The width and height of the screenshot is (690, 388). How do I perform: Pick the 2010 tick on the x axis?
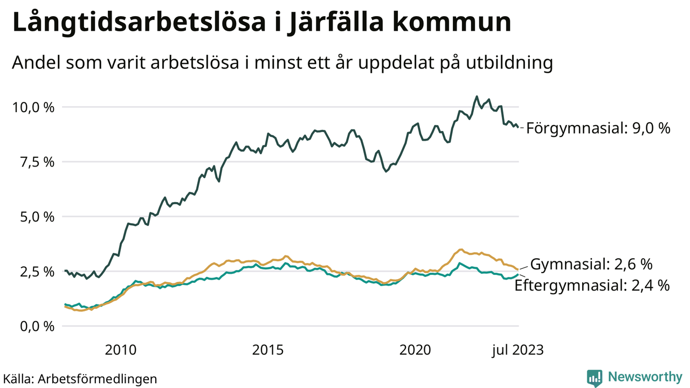pyautogui.click(x=121, y=350)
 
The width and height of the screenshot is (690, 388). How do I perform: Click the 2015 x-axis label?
pyautogui.click(x=268, y=350)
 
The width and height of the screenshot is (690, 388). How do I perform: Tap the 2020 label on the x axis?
pyautogui.click(x=415, y=350)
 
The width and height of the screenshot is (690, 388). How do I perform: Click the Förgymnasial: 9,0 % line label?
pyautogui.click(x=598, y=128)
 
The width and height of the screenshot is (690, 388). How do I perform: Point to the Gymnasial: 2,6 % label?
pyautogui.click(x=591, y=264)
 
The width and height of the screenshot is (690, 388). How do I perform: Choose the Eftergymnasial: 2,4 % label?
pyautogui.click(x=592, y=285)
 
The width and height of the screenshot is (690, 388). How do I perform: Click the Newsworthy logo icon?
pyautogui.click(x=595, y=378)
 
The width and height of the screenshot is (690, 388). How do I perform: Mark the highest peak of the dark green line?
pyautogui.click(x=477, y=96)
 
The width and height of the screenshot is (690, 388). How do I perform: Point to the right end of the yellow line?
pyautogui.click(x=517, y=269)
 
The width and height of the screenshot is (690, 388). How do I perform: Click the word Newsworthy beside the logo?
pyautogui.click(x=645, y=377)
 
